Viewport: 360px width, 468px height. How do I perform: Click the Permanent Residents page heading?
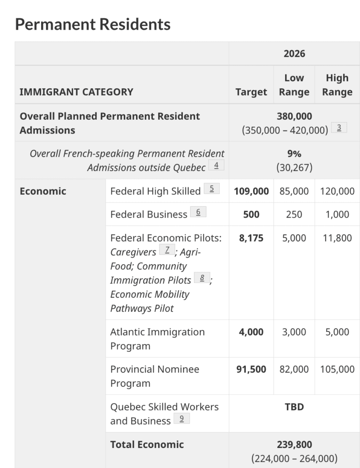click(x=93, y=24)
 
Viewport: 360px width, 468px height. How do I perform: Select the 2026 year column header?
click(x=294, y=53)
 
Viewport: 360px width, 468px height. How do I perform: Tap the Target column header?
click(x=251, y=92)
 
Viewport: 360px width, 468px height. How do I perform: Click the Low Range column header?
click(x=294, y=85)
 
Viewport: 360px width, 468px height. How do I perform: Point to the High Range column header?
click(x=337, y=85)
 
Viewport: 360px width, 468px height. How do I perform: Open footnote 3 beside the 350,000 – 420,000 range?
click(x=339, y=128)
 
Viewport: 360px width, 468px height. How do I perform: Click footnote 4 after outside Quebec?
click(x=216, y=165)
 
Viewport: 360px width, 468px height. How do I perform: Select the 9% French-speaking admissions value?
click(x=294, y=154)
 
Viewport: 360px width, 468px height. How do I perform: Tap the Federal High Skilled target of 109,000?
click(x=251, y=191)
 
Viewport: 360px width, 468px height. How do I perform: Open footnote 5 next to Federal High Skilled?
click(x=212, y=188)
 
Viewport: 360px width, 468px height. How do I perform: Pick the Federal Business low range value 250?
click(x=294, y=214)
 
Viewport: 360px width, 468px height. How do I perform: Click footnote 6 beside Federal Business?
click(x=198, y=212)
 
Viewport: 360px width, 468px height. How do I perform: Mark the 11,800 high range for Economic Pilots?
click(x=337, y=238)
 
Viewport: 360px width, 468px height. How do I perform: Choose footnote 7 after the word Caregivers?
click(x=167, y=250)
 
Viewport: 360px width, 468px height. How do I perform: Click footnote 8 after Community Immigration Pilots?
click(x=201, y=278)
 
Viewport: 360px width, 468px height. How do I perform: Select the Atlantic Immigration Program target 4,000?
click(x=251, y=332)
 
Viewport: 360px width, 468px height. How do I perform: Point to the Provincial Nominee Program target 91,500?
click(x=251, y=369)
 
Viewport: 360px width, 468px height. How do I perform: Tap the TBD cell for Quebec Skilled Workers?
click(x=294, y=407)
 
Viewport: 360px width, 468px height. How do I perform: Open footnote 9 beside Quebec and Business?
click(x=181, y=418)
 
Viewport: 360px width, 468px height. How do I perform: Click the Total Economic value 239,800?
click(x=294, y=444)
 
